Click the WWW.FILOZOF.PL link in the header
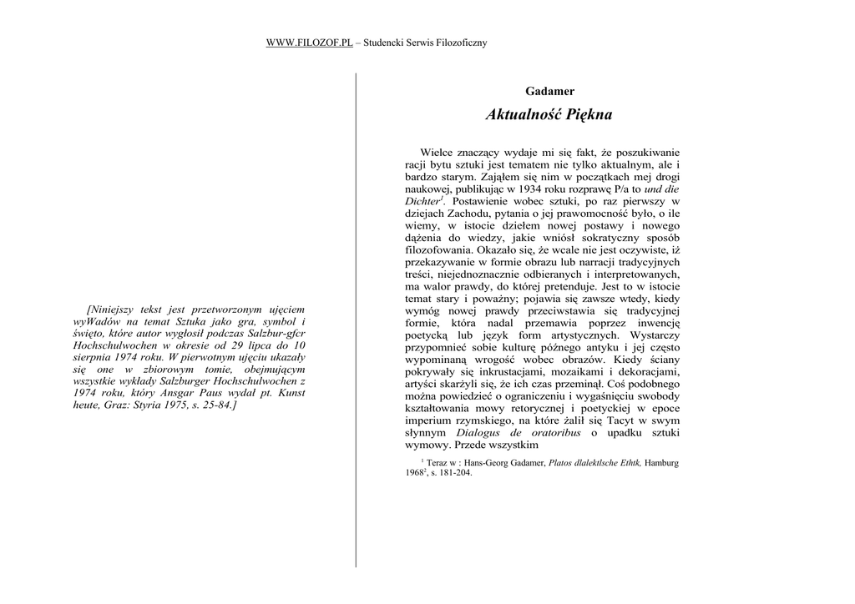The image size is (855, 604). pyautogui.click(x=309, y=43)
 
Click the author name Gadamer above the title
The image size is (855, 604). pyautogui.click(x=549, y=91)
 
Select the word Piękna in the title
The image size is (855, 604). pyautogui.click(x=589, y=115)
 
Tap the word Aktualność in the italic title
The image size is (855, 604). pyautogui.click(x=523, y=115)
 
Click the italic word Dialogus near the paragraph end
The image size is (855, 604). pyautogui.click(x=482, y=433)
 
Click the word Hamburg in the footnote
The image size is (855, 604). pyautogui.click(x=661, y=462)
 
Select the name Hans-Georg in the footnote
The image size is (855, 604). pyautogui.click(x=488, y=462)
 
